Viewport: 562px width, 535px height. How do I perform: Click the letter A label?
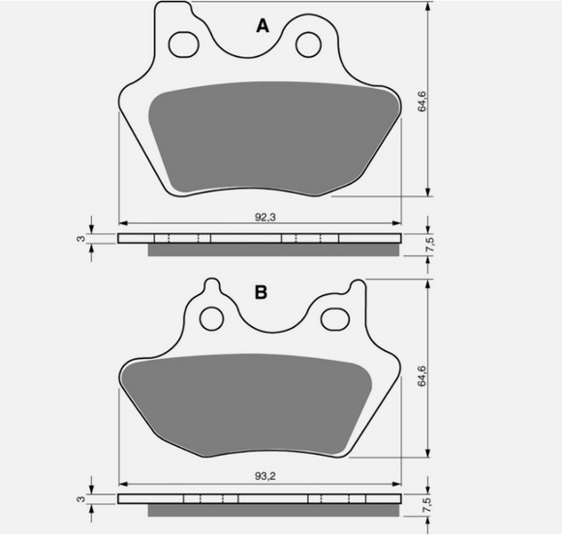tap(261, 26)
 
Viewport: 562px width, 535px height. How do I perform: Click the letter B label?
tap(261, 291)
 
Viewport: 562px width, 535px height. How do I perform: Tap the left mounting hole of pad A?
tap(181, 44)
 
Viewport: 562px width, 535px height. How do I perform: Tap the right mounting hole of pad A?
tap(309, 45)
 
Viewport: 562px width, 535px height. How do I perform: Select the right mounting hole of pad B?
tap(336, 315)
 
